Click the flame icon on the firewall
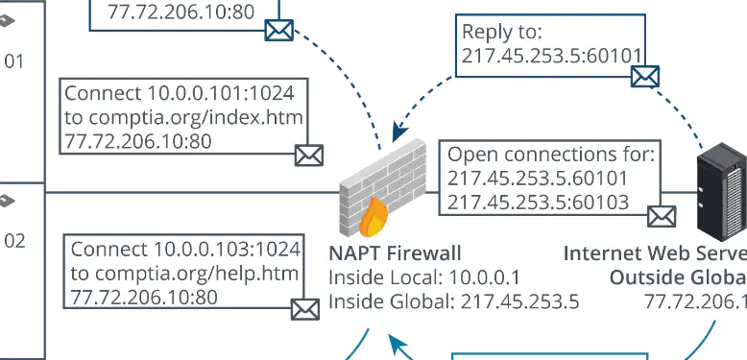[373, 217]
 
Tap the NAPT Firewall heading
[395, 253]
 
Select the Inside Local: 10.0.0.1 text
[424, 277]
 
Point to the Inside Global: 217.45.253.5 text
[454, 301]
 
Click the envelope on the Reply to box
[645, 77]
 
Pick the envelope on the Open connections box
[662, 217]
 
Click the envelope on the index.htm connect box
[309, 156]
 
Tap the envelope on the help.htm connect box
[305, 309]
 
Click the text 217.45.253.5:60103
[539, 203]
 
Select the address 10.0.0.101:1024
[220, 93]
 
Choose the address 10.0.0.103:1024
[227, 249]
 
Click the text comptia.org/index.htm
[196, 117]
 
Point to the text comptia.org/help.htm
[197, 274]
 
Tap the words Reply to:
[502, 33]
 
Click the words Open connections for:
[551, 155]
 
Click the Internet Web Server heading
[655, 253]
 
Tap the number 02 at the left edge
[14, 241]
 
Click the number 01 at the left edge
[13, 61]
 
